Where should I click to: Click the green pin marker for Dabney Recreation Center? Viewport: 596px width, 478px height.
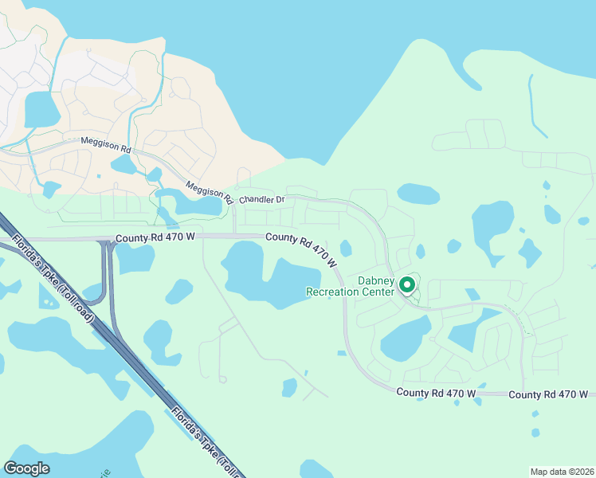pos(406,284)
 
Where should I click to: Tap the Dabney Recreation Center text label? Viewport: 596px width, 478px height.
pos(351,286)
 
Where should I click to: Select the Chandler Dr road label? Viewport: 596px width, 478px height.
pos(262,198)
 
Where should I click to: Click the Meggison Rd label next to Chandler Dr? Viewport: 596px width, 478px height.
pos(208,191)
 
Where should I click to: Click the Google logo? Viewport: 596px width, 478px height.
pos(27,468)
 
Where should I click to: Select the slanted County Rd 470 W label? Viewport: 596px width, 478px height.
pos(302,249)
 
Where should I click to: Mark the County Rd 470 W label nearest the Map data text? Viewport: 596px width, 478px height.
pos(548,394)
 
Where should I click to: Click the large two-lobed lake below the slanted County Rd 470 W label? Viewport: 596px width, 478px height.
pos(271,275)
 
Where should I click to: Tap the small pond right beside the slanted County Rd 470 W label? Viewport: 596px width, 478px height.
pos(346,248)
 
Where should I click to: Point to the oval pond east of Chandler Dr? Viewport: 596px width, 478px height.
pos(418,194)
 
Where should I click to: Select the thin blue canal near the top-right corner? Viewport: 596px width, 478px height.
pos(535,108)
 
